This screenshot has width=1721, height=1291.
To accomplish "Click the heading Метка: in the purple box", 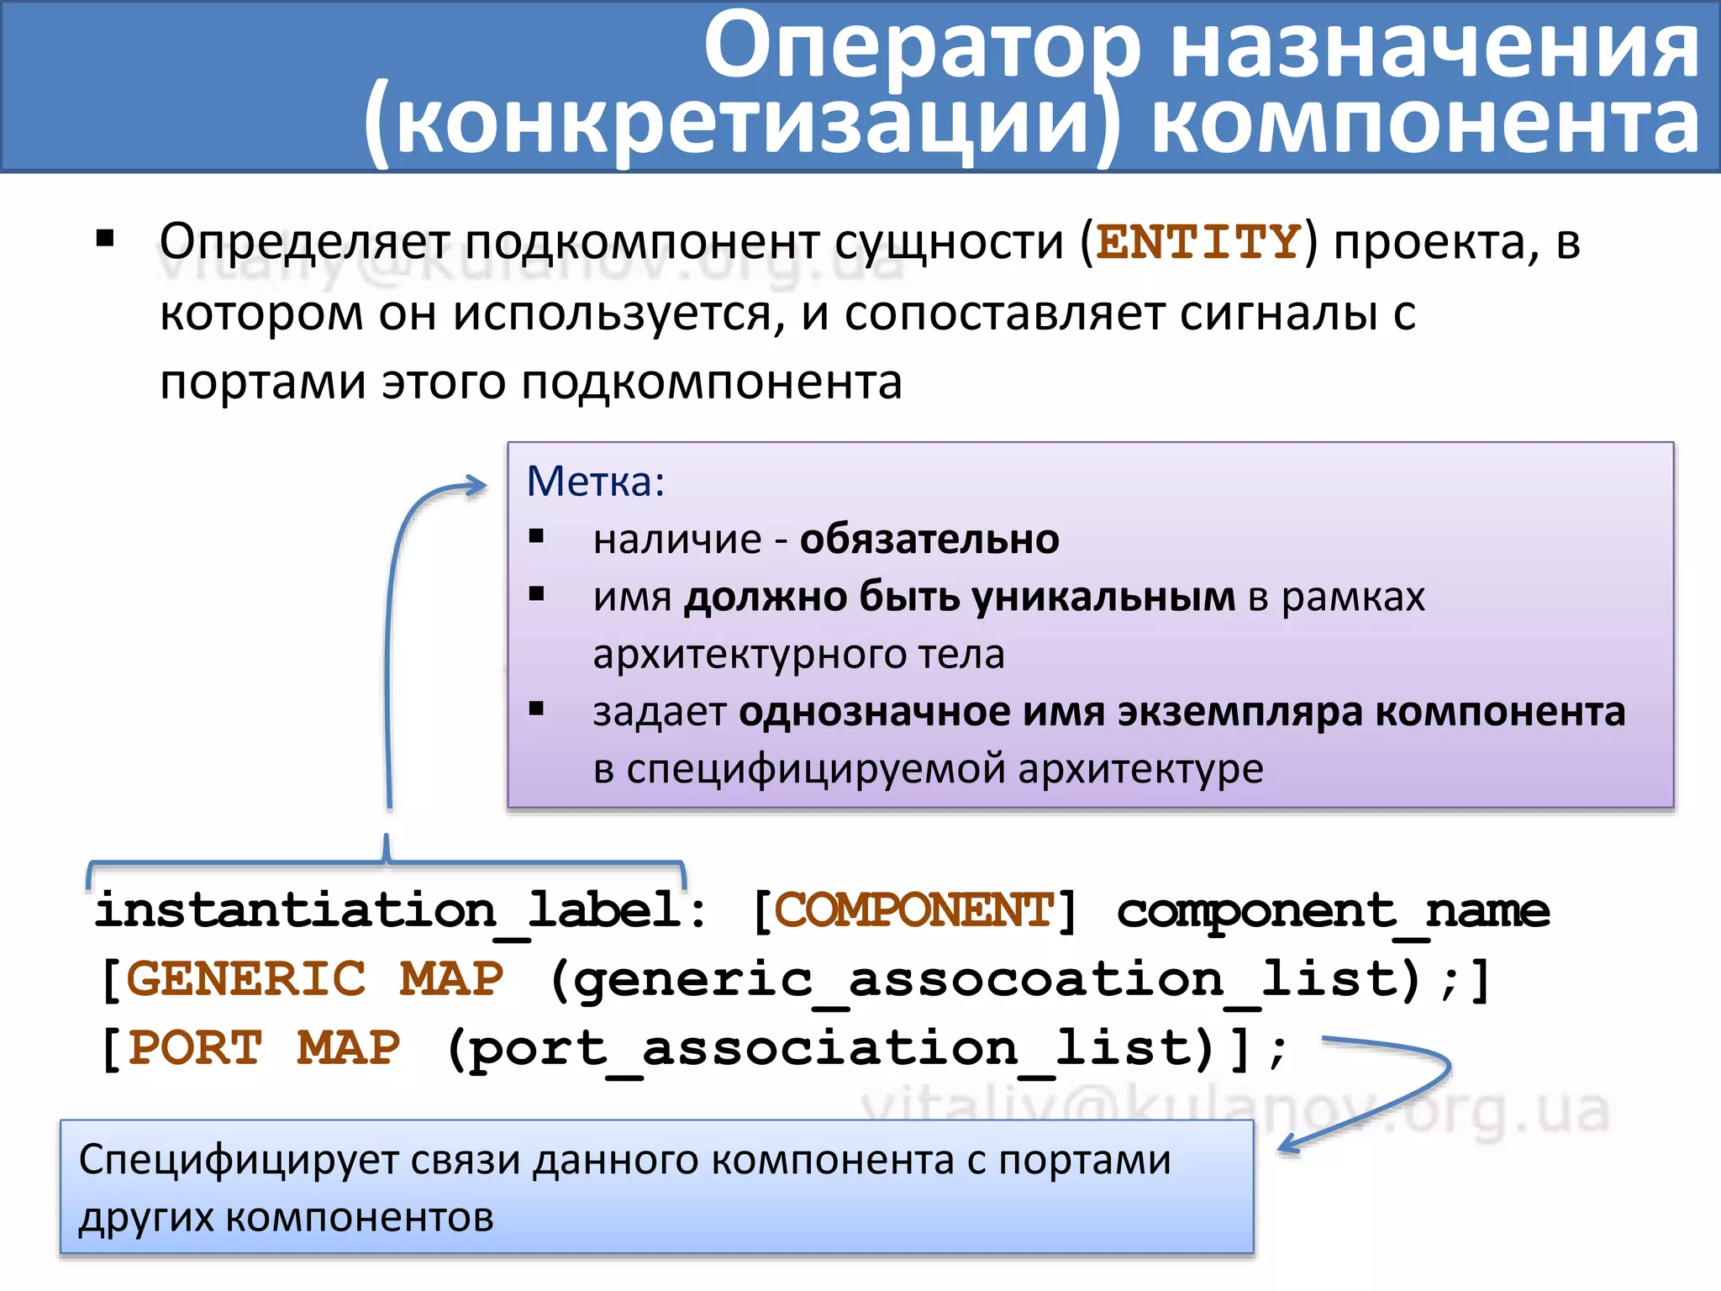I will pos(595,482).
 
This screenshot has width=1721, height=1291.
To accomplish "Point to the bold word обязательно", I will pos(929,540).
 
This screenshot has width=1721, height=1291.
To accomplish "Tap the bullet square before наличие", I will pos(537,536).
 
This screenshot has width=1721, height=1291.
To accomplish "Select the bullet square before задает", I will pos(537,709).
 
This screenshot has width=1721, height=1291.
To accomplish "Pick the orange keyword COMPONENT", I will pos(913,911).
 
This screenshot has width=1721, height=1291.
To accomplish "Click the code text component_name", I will pos(1333,911).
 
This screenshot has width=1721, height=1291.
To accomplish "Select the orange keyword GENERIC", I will pos(246,980).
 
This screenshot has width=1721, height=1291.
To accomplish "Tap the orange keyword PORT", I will pos(195,1049).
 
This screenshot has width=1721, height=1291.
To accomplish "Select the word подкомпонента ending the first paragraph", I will pos(711,382).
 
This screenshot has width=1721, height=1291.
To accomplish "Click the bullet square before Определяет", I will pos(105,239).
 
